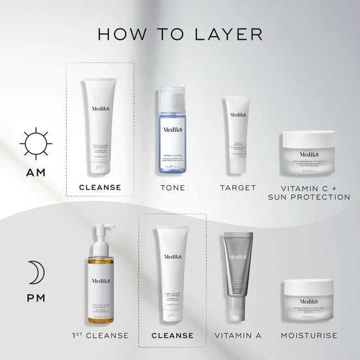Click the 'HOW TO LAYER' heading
180,34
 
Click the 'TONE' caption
173,188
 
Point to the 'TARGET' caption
238,188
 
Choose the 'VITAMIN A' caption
238,336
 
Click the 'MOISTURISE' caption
308,336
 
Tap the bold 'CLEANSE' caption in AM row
99,188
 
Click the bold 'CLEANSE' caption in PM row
173,336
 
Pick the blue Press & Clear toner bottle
173,134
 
